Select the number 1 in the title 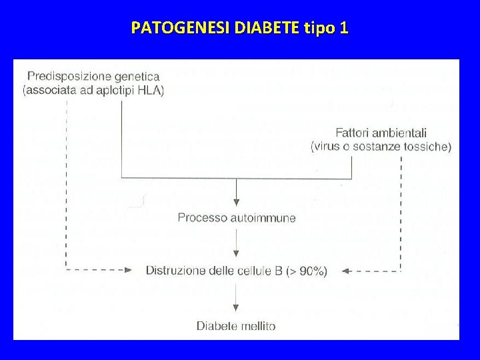pos(343,28)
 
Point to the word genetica pos(135,77)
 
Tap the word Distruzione pos(175,271)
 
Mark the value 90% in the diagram pos(310,271)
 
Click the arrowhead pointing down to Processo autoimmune pos(237,201)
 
